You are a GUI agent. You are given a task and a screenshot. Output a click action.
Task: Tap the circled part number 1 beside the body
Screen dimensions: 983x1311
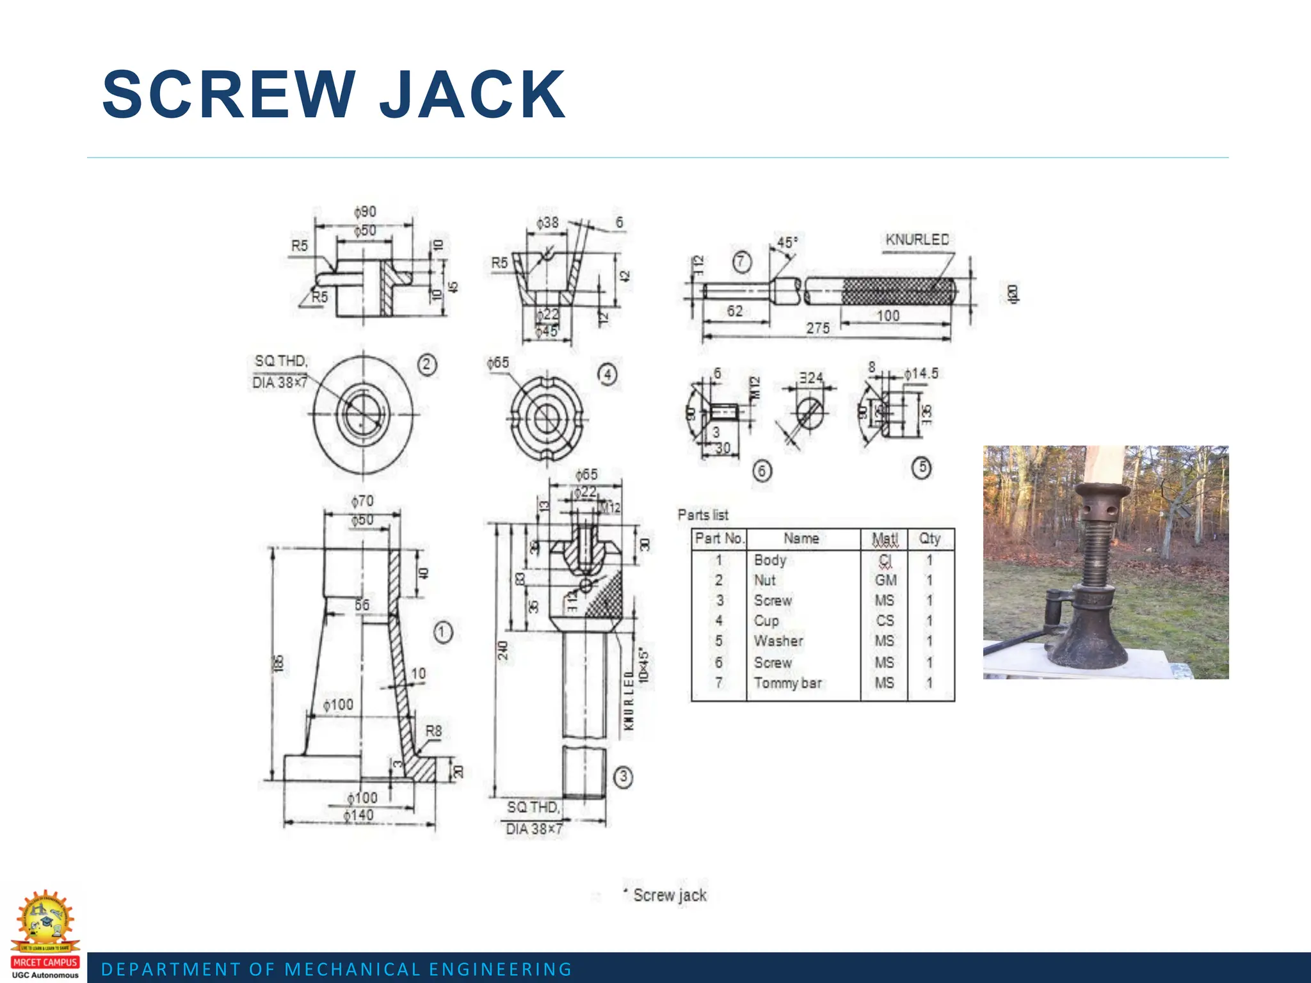point(442,632)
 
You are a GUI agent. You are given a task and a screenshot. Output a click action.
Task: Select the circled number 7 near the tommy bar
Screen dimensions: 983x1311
point(741,262)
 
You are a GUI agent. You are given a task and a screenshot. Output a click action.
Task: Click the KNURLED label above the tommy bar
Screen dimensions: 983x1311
point(917,239)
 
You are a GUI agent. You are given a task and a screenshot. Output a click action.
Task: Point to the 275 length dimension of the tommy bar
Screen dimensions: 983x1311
point(817,328)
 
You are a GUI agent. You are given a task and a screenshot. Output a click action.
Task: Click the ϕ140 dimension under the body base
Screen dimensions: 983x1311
point(358,815)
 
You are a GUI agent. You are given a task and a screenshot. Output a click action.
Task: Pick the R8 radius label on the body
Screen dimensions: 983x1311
point(433,731)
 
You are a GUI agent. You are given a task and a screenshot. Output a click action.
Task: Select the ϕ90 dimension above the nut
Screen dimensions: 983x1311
point(365,212)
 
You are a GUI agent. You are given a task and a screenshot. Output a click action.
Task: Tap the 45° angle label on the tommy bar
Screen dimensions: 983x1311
point(787,243)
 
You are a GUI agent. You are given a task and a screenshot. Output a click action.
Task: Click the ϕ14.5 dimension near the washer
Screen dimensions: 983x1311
point(921,373)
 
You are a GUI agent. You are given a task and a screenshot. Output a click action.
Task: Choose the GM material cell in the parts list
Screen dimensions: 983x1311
point(885,580)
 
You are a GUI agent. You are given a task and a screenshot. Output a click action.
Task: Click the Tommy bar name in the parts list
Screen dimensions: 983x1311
point(787,683)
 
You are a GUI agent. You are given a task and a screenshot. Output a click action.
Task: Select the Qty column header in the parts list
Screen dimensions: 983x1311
point(929,539)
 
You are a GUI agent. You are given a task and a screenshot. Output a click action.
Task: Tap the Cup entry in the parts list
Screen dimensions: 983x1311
point(766,621)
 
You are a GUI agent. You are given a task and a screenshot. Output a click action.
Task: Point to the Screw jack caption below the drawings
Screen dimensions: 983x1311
point(669,895)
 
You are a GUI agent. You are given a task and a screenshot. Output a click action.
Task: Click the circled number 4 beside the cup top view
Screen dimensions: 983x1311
point(607,374)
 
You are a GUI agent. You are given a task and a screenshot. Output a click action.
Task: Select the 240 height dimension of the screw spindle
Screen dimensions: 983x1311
point(503,650)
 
